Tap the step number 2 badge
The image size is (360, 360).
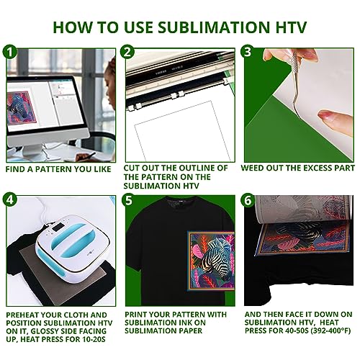(x=127, y=53)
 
